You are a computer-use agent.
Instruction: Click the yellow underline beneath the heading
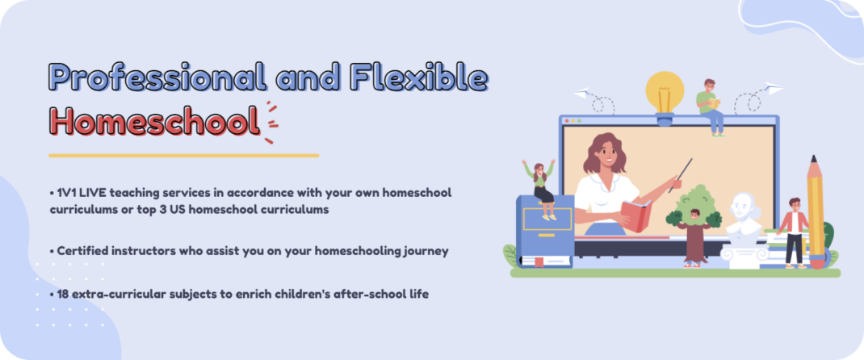coord(183,155)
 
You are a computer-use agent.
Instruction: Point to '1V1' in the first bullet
coord(67,193)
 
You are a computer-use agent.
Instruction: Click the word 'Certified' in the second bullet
coord(83,251)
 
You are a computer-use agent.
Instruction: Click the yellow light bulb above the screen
coord(665,93)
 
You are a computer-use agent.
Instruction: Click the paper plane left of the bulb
coord(583,94)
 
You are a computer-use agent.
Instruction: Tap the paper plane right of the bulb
coord(773,88)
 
